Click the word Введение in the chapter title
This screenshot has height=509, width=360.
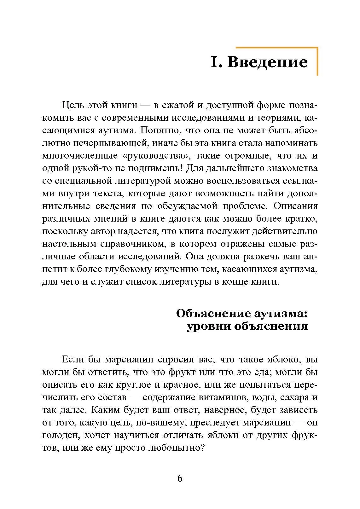click(267, 62)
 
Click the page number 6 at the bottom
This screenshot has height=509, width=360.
click(180, 478)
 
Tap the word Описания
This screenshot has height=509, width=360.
click(295, 206)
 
